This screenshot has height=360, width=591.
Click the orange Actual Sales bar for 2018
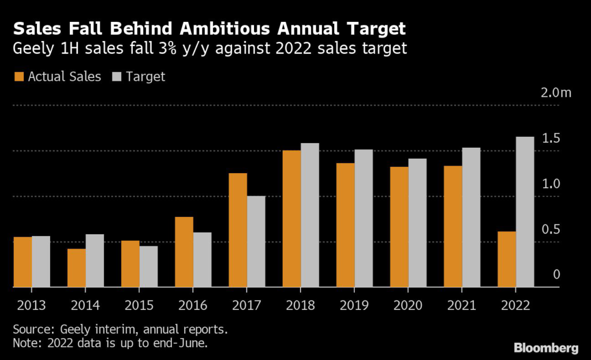coord(291,219)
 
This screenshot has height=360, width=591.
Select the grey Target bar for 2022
coord(525,212)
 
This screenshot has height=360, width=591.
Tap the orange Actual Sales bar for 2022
coord(507,259)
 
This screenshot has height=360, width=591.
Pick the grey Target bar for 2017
coord(256,241)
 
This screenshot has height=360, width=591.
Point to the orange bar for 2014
coord(77,268)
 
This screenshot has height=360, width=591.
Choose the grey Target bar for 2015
coord(148,267)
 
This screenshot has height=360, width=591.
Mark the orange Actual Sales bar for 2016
coord(184,252)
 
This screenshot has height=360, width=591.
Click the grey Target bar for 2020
coord(417,223)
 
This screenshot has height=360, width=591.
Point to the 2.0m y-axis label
coord(556,93)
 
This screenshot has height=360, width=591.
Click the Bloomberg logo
coord(545,347)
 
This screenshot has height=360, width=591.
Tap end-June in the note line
coord(186,343)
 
